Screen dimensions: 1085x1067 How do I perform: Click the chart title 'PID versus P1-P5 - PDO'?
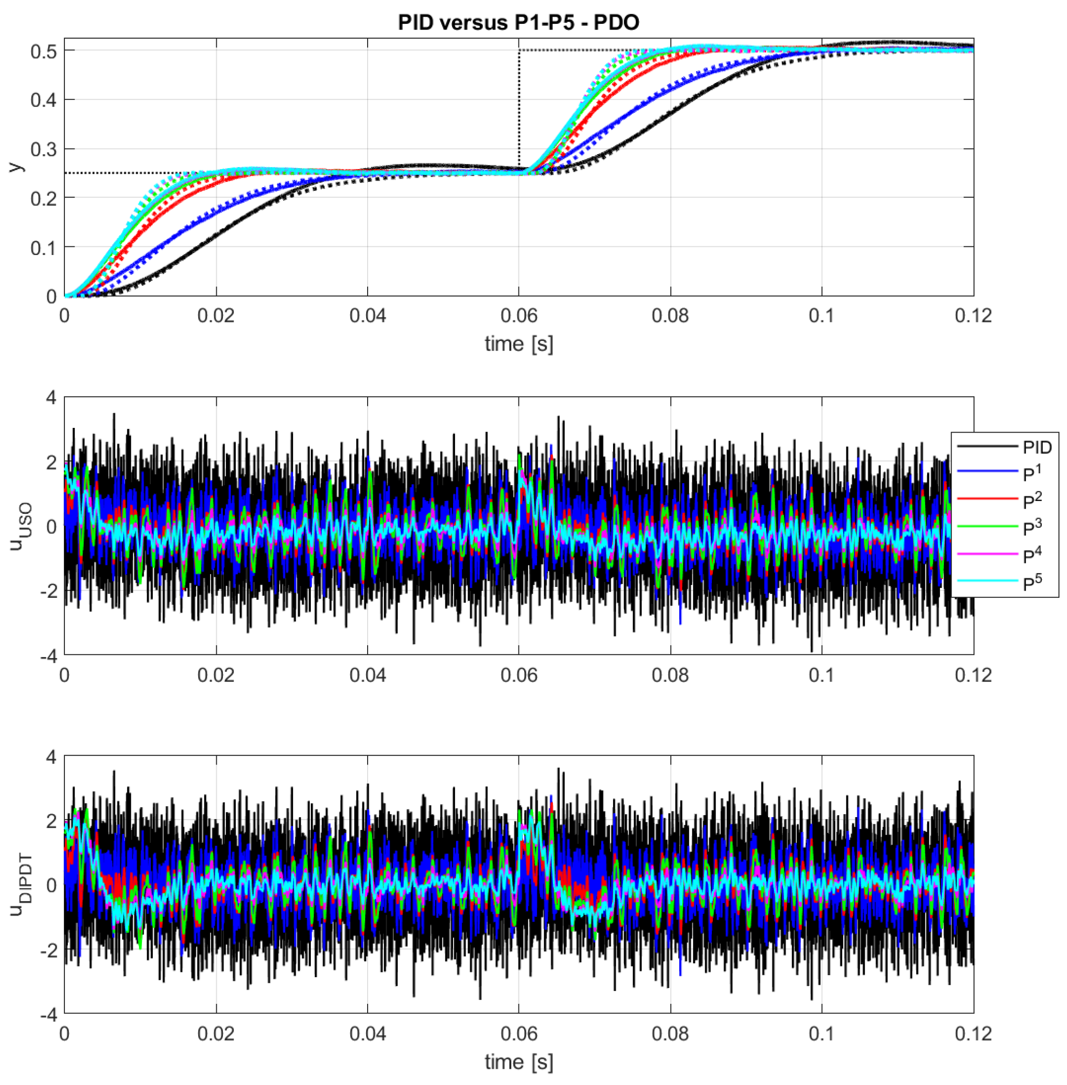518,22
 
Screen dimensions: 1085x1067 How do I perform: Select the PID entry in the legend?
1037,447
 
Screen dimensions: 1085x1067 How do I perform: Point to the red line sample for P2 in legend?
987,498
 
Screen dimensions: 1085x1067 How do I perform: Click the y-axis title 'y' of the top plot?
17,167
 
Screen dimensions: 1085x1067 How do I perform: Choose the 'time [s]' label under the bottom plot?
518,1061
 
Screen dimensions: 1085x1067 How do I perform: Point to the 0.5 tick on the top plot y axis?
44,51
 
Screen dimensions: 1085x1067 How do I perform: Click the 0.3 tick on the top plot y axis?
44,149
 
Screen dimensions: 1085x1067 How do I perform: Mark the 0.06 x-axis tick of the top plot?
518,316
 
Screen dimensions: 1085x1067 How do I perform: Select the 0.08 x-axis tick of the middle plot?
670,675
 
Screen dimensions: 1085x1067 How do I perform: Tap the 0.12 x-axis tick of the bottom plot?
973,1033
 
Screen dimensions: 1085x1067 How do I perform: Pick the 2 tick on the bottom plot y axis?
52,820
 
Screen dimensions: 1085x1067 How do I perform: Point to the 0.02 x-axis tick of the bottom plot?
216,1033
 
